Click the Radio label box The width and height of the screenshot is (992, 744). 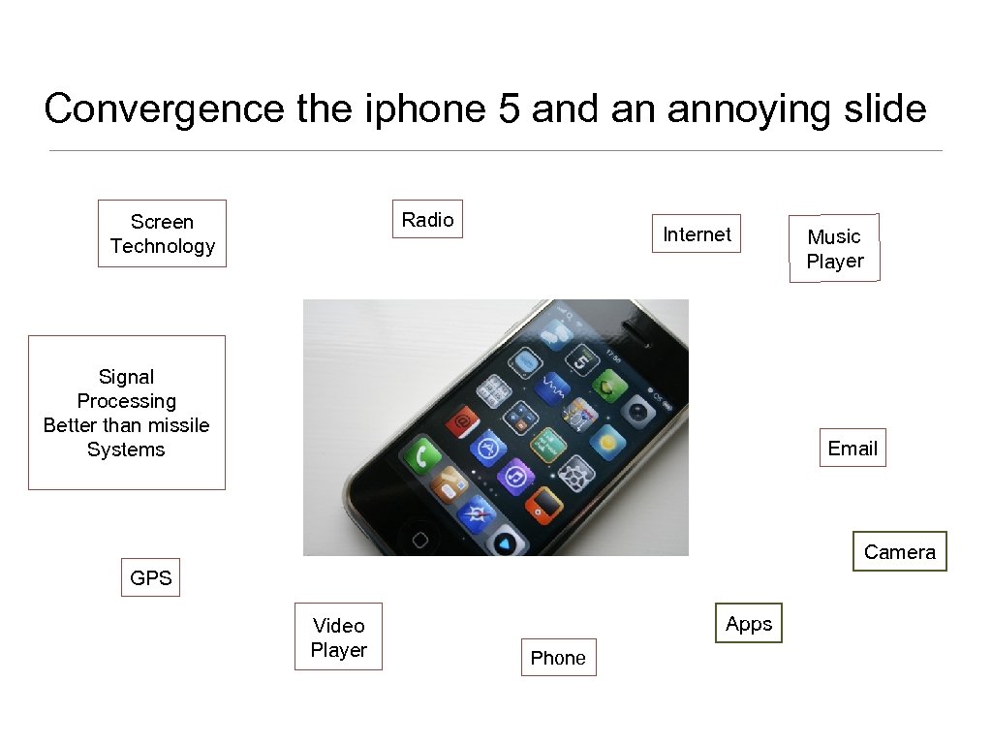click(427, 220)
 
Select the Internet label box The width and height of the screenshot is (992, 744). click(697, 234)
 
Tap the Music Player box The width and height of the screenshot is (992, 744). click(834, 249)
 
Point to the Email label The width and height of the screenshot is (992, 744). click(852, 449)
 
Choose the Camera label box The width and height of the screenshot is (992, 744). click(899, 552)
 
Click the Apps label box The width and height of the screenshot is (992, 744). click(749, 624)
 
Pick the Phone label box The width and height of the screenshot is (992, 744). click(558, 658)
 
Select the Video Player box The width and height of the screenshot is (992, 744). click(338, 637)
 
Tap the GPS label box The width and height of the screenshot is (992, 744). click(150, 578)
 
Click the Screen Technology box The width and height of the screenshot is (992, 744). click(162, 233)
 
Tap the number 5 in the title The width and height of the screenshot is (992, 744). click(509, 109)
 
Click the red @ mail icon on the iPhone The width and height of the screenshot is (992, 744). click(463, 420)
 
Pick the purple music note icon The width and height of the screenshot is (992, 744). click(516, 477)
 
